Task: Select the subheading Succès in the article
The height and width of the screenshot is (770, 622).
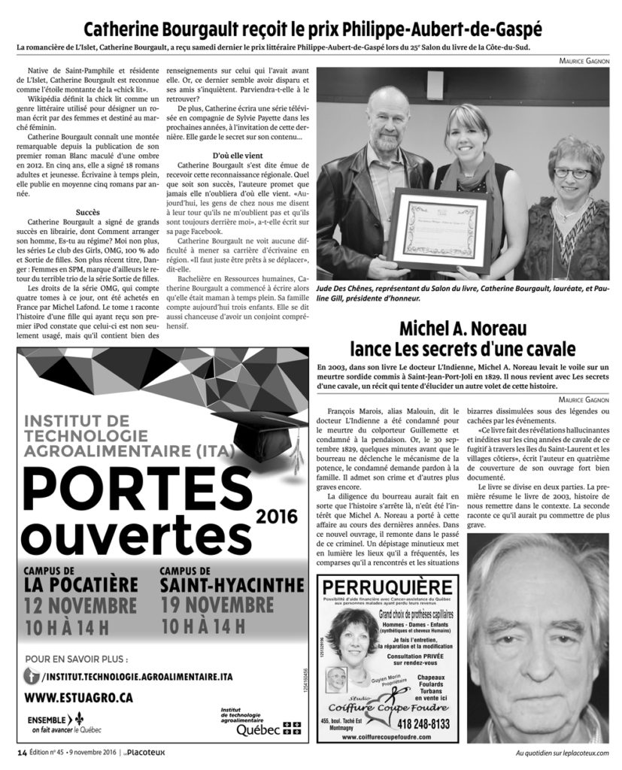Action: tap(88, 212)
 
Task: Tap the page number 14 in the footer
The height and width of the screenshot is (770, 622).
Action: tap(23, 753)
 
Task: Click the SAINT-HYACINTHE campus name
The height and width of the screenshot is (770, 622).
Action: tap(226, 584)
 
